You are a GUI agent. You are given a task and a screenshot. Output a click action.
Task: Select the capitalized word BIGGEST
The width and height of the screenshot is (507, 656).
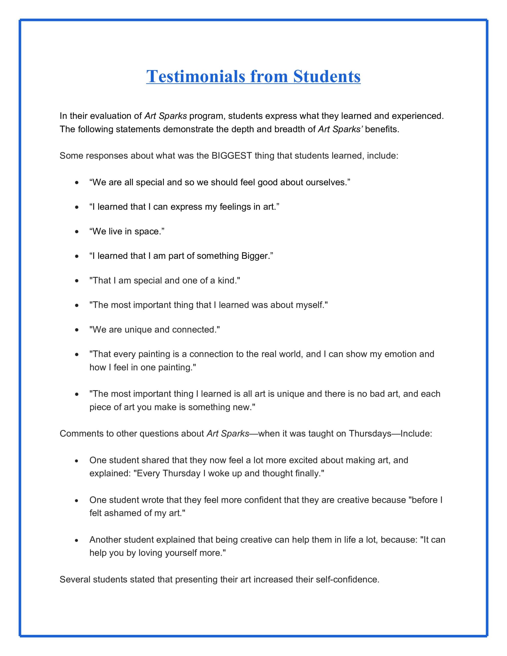[x=232, y=156]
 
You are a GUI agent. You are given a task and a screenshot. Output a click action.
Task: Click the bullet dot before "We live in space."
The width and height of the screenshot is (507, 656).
[x=77, y=232]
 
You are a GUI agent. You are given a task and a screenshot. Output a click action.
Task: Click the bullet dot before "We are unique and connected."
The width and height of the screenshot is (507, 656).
[x=77, y=330]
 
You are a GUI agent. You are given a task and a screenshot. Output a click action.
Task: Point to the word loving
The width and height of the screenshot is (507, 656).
[x=150, y=553]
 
